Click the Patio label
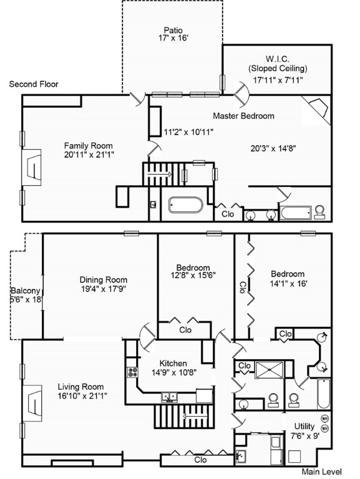pyautogui.click(x=173, y=29)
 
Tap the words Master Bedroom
pyautogui.click(x=243, y=116)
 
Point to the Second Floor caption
pyautogui.click(x=34, y=84)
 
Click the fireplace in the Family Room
pyautogui.click(x=32, y=167)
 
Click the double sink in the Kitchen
pyautogui.click(x=169, y=395)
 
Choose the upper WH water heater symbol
pyautogui.click(x=324, y=419)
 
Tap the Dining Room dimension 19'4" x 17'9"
pyautogui.click(x=103, y=289)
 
